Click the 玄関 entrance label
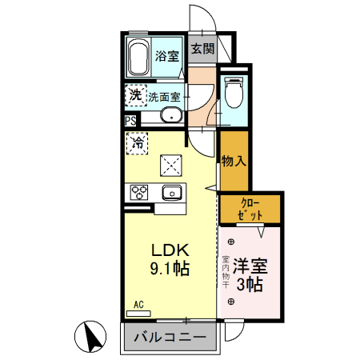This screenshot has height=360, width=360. pos(202,48)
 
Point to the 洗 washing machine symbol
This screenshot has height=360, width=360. pos(135,96)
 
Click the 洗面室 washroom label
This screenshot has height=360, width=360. pos(164,97)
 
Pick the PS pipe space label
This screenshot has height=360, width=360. pos(130,122)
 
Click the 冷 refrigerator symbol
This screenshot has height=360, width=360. pos(138,145)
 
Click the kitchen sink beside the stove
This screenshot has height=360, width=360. pos(171,192)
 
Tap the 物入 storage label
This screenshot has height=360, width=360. pos(232,161)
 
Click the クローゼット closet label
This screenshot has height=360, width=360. pos(250,209)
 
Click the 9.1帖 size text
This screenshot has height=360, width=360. pos(170,270)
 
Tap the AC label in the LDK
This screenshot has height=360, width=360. pos(138,305)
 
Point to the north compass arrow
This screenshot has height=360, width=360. pos(93,335)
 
